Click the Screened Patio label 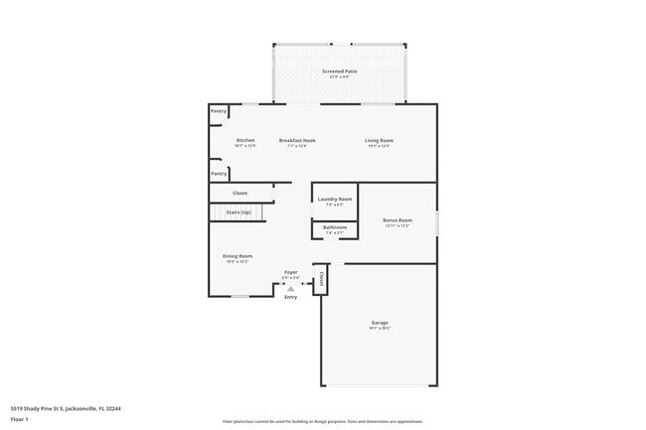pos(339,72)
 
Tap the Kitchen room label pos(245,140)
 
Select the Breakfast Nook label pos(297,140)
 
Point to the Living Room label pos(380,140)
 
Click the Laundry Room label pos(335,200)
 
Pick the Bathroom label pos(335,227)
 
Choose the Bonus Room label pos(398,219)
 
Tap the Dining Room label pos(238,256)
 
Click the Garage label pos(380,322)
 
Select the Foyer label pos(291,271)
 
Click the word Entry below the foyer pos(290,297)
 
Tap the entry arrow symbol pos(290,288)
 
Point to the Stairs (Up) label pos(239,213)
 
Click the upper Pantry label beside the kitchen pos(219,111)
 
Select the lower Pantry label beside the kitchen pos(219,174)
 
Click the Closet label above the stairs pos(240,193)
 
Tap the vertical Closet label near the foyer pos(321,278)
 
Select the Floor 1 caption pos(19,419)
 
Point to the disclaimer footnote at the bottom pos(323,420)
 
